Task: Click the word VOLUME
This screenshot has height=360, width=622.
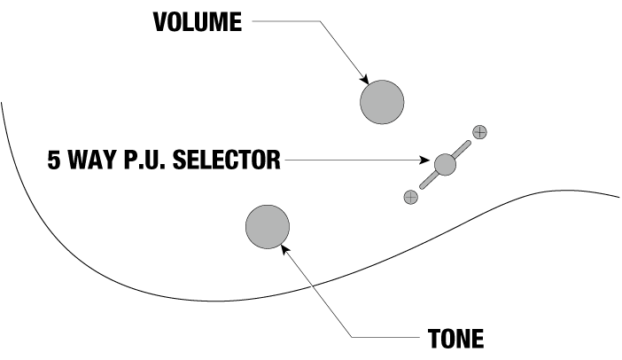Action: [198, 22]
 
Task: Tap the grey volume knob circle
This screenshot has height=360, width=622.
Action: [382, 102]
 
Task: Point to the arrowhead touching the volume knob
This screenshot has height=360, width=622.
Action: [364, 80]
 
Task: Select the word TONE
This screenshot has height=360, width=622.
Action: [455, 339]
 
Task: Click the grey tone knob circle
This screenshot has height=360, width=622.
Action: [268, 227]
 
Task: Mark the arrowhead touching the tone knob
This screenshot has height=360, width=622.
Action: [285, 250]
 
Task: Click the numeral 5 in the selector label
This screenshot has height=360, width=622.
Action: [54, 160]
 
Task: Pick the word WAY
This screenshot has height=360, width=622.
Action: [94, 160]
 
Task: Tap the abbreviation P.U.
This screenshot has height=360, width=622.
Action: [144, 160]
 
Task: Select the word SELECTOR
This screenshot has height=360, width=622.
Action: [227, 160]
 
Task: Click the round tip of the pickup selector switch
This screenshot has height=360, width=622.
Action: [445, 164]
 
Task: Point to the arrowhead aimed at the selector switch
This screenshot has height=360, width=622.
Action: [424, 160]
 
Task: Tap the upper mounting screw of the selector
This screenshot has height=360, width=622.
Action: [479, 132]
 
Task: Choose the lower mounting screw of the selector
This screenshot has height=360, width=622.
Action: [410, 197]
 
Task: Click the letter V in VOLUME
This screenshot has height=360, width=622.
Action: [160, 22]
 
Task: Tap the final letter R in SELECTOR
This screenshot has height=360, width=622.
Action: [273, 160]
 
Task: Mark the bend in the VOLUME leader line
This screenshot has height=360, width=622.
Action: [320, 21]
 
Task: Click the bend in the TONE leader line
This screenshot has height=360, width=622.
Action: [353, 337]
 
